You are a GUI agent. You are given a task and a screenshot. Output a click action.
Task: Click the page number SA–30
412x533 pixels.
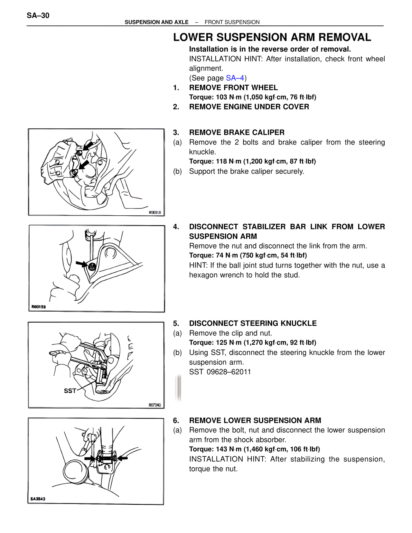(38, 15)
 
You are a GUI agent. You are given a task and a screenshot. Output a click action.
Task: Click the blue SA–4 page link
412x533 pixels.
(235, 78)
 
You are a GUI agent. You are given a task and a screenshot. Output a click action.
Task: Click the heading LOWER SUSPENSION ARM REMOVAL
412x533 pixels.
(272, 37)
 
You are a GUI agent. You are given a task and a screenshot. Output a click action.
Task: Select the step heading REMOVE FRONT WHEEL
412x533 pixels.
(233, 88)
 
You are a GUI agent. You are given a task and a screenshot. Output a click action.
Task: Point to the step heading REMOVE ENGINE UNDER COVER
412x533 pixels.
(249, 107)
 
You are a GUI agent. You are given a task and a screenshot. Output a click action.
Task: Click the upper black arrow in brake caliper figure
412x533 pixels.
(88, 146)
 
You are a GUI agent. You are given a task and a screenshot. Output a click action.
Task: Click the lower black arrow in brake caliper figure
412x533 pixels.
(84, 165)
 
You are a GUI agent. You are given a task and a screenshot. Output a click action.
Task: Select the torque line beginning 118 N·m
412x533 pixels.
(252, 161)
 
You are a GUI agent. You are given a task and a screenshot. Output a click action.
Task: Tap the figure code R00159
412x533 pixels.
(39, 307)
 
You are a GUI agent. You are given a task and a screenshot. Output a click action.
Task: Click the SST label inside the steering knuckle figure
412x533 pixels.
(70, 391)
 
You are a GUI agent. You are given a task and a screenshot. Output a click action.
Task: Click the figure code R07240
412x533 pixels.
(155, 405)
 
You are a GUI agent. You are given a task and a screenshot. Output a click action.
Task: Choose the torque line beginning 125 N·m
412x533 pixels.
(253, 342)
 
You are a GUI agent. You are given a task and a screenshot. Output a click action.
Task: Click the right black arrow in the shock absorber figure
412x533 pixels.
(123, 458)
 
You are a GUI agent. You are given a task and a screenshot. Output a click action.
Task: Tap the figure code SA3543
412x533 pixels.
(38, 499)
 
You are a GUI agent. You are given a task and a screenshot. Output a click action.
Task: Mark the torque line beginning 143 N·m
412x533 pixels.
(254, 449)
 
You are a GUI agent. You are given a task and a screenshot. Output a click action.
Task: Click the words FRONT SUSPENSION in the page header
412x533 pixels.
(232, 22)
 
